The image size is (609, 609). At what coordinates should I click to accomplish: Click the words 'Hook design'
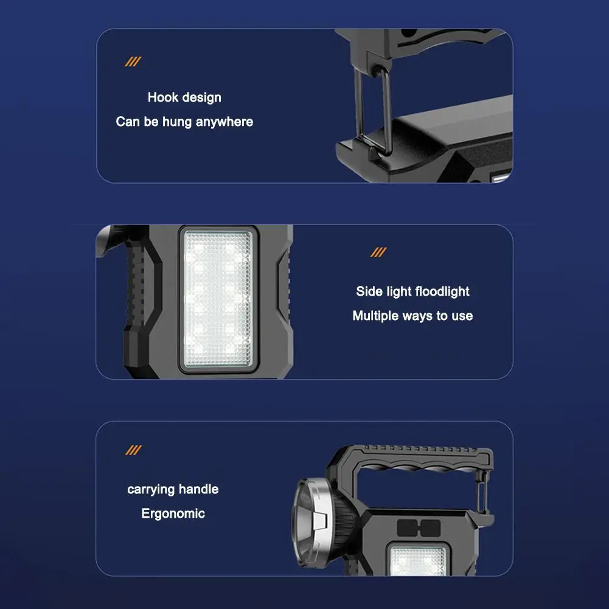click(184, 97)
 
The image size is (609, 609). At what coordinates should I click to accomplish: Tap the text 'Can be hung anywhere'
click(184, 122)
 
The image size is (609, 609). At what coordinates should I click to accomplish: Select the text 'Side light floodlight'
click(412, 291)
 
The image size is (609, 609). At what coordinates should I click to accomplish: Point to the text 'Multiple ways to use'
click(412, 316)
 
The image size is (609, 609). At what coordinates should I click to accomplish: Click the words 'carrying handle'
click(173, 489)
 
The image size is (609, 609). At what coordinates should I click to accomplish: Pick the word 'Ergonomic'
click(173, 513)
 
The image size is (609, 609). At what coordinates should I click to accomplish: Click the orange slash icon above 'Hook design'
click(133, 61)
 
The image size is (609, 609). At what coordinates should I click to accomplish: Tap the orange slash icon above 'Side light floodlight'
click(378, 252)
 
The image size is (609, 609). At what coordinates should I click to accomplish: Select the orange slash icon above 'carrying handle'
click(133, 450)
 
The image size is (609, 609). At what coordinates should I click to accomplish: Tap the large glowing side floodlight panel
click(218, 299)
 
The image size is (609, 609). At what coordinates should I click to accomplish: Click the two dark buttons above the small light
click(416, 527)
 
